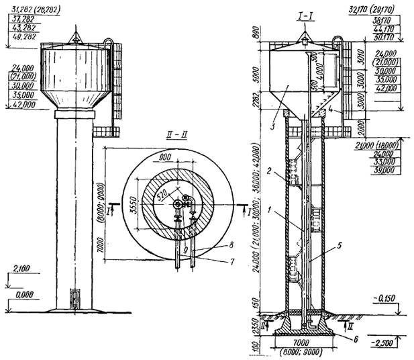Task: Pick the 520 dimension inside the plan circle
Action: [x=160, y=195]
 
